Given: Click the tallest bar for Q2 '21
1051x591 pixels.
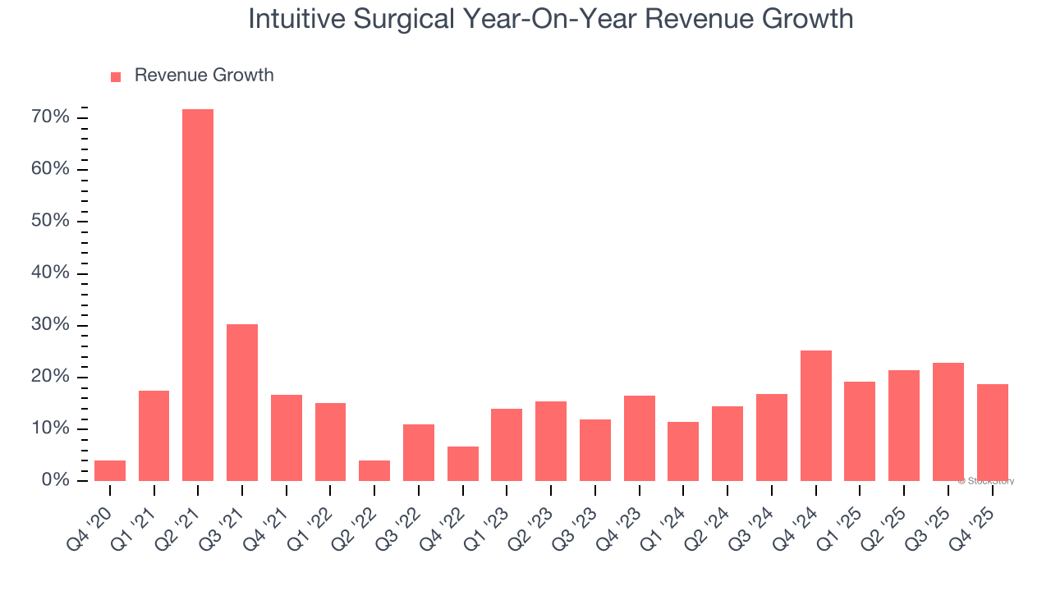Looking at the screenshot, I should (198, 295).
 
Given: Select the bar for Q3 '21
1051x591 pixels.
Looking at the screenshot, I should (242, 402).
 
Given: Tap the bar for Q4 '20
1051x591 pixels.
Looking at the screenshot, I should (110, 470).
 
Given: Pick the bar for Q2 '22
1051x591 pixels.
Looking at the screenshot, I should (374, 470).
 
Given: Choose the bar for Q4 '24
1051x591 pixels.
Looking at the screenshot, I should (815, 415).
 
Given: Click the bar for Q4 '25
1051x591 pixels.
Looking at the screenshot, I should (992, 433).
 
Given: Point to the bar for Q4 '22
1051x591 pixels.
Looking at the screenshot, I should (462, 464).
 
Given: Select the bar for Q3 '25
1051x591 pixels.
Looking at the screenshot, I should (948, 422).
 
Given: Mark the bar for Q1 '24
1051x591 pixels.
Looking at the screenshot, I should (683, 451).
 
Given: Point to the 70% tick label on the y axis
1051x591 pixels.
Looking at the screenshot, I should (50, 117).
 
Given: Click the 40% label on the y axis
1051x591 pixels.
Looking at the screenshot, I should (50, 273).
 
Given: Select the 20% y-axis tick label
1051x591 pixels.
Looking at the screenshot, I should (50, 377).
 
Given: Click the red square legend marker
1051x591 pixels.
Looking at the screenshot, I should (116, 76).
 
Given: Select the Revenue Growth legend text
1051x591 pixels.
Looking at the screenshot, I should (204, 76).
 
